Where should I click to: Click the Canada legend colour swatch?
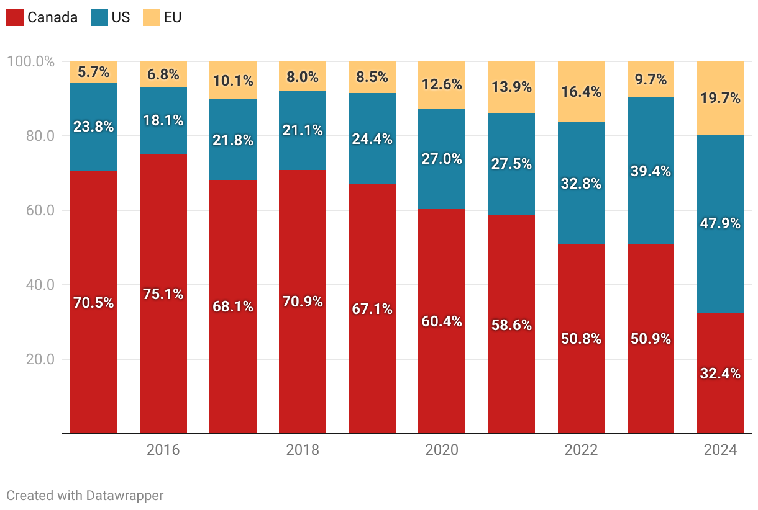point(15,17)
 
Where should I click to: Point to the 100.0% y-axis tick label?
point(30,62)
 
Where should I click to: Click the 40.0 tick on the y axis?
point(40,285)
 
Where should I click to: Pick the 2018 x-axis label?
point(303,450)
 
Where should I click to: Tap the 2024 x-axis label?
point(720,450)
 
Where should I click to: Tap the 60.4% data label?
point(442,321)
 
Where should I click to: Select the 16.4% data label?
point(581,92)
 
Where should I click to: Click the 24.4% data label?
point(372,139)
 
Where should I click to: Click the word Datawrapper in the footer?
point(125,495)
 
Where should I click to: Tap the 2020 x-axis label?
point(442,450)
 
